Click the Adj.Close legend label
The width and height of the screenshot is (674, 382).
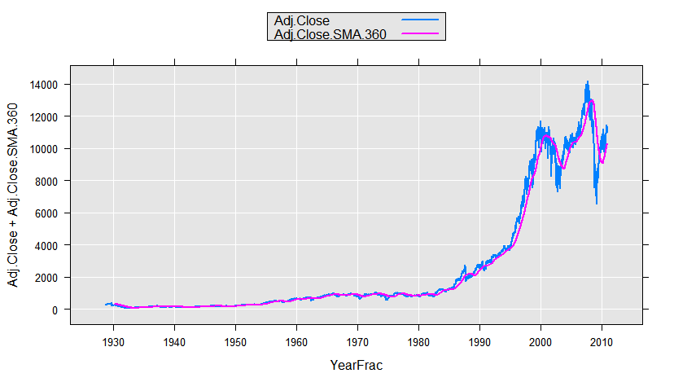pyautogui.click(x=302, y=20)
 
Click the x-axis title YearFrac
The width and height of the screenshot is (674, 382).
pyautogui.click(x=356, y=366)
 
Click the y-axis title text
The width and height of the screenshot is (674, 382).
pyautogui.click(x=14, y=195)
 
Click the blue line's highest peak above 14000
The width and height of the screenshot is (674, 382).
pyautogui.click(x=587, y=81)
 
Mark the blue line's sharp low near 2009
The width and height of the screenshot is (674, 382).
pyautogui.click(x=597, y=204)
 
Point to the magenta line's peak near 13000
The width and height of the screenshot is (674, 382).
pyautogui.click(x=590, y=100)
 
